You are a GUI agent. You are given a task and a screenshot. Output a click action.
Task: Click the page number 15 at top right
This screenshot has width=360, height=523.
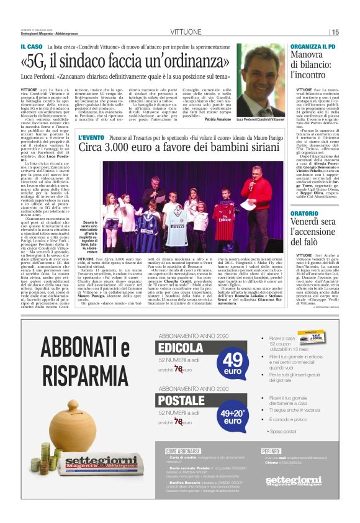click(352, 32)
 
